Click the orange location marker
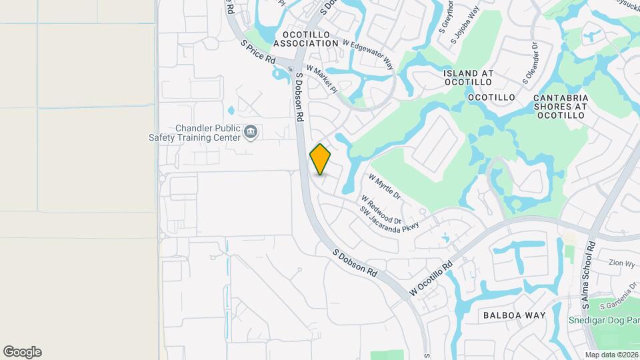click(321, 159)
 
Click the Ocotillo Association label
click(311, 38)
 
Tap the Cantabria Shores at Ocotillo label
click(560, 106)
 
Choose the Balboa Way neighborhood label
click(514, 315)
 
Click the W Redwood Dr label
click(381, 209)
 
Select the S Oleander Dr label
click(530, 62)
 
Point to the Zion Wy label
click(621, 263)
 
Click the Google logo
click(22, 352)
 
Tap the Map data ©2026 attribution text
click(611, 355)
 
